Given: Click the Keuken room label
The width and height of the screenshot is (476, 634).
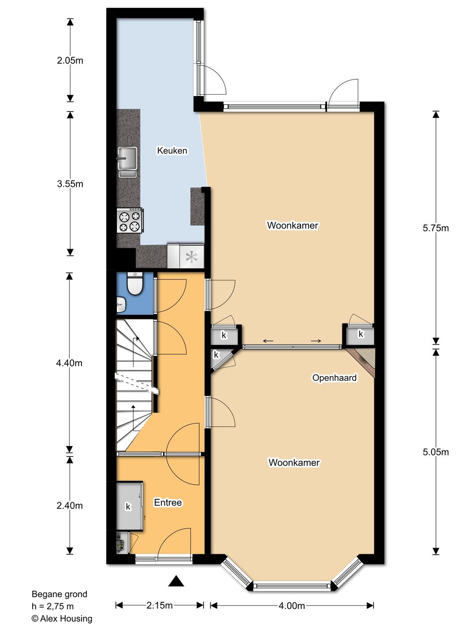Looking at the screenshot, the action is (x=172, y=151).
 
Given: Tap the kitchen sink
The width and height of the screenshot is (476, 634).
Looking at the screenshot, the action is (x=127, y=162).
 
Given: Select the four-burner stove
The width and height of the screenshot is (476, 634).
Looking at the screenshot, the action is (x=130, y=220).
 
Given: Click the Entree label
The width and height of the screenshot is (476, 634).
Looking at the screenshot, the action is (x=168, y=503).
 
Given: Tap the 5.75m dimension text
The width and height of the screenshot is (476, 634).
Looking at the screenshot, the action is (x=435, y=228).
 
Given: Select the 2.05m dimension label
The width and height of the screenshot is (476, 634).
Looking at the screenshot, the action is (x=70, y=61).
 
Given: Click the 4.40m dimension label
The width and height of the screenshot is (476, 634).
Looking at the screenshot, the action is (x=69, y=363).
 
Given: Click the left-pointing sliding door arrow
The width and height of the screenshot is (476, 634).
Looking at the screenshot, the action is (x=268, y=341).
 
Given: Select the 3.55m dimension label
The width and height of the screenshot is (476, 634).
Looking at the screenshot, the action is (x=70, y=184).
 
